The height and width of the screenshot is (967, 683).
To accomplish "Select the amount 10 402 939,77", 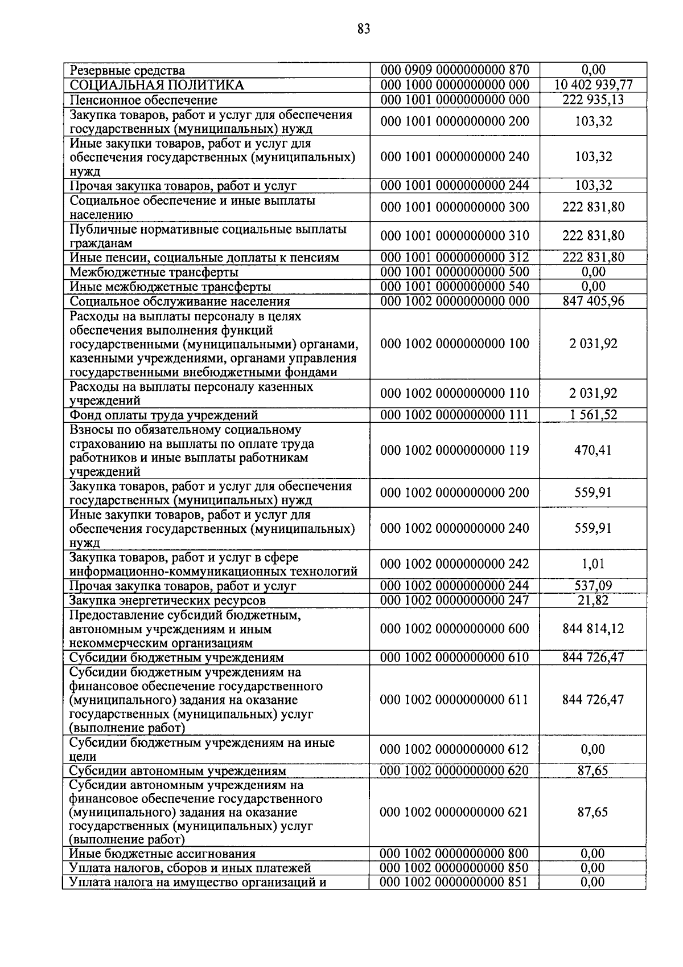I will [593, 85].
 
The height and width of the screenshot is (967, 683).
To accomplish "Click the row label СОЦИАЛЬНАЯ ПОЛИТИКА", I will [157, 85].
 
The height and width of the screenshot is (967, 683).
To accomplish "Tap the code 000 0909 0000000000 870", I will [455, 71].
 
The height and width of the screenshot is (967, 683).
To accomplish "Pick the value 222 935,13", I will [593, 100].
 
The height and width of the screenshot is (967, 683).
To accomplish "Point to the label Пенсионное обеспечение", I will [143, 100].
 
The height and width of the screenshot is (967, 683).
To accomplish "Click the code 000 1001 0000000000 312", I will [455, 258].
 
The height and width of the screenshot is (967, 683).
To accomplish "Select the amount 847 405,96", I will [593, 301].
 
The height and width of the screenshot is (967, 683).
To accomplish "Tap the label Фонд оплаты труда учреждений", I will [164, 415].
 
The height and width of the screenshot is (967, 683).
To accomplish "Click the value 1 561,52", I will [593, 415].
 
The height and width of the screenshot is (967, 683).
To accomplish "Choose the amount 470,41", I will [593, 450].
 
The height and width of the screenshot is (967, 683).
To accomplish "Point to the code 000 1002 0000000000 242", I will [455, 564].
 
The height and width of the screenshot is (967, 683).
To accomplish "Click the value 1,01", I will [593, 564].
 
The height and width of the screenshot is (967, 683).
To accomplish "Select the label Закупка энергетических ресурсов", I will [167, 601].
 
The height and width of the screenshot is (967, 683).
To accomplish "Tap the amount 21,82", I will [593, 600].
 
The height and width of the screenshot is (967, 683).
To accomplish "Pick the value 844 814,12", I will [593, 629].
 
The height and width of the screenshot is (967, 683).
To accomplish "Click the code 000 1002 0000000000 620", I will [455, 771].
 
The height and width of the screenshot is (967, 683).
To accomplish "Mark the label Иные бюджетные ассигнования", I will [162, 854].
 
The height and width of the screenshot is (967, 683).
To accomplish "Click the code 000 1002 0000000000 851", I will [455, 882].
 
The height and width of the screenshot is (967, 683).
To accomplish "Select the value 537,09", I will [593, 586].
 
